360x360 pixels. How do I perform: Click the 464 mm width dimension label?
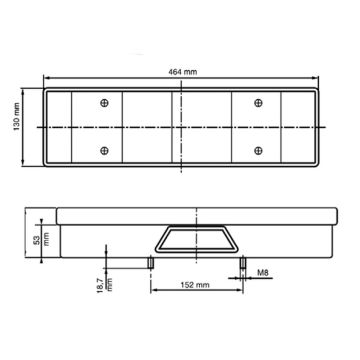tap(181, 72)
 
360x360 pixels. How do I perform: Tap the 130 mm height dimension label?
tap(17, 117)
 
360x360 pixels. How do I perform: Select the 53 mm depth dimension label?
tap(41, 239)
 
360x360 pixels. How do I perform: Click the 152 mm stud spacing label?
tap(195, 285)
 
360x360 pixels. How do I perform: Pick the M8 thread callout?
tap(263, 273)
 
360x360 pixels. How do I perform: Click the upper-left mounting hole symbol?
tap(104, 103)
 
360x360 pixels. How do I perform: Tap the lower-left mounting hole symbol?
tap(104, 151)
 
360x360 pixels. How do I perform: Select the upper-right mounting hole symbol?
tap(258, 103)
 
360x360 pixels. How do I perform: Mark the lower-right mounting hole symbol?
tap(258, 151)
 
